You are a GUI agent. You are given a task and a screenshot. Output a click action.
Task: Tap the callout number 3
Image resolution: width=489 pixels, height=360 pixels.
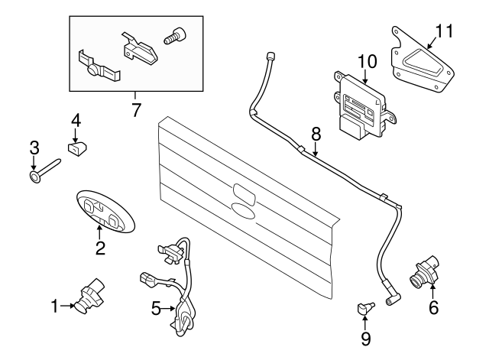[x=34, y=147]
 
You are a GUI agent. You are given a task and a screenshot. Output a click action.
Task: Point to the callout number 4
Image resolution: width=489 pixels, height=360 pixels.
[x=76, y=121]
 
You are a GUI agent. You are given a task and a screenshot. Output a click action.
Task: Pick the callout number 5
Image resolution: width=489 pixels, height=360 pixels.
[x=156, y=309]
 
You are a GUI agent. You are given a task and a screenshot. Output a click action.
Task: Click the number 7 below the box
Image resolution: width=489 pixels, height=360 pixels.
[x=136, y=109]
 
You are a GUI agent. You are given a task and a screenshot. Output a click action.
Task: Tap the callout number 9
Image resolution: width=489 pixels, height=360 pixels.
[x=365, y=336]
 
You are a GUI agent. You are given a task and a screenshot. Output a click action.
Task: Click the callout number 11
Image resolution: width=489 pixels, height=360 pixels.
[x=445, y=31]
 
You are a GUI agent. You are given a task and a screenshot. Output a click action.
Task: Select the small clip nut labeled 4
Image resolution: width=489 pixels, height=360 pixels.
[x=76, y=148]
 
